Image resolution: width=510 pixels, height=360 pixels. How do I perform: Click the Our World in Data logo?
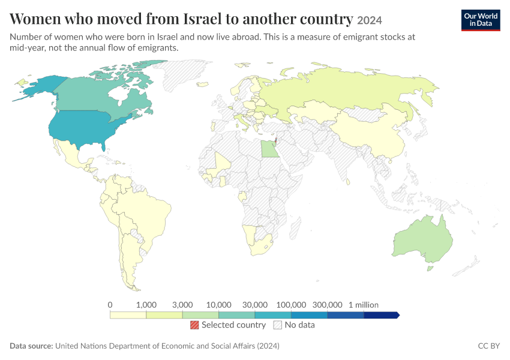click(x=481, y=20)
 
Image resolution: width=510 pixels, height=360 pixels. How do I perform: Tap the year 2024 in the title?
click(x=370, y=20)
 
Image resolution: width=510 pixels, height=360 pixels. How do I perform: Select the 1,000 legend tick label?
click(x=146, y=305)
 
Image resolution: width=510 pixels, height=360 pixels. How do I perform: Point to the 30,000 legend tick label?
click(x=254, y=305)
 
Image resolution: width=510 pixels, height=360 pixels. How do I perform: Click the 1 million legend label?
click(x=364, y=305)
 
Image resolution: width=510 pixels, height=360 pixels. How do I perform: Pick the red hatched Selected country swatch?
click(x=194, y=325)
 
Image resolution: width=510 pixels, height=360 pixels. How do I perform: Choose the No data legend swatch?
click(x=278, y=325)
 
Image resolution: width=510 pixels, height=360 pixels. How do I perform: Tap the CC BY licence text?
click(x=488, y=346)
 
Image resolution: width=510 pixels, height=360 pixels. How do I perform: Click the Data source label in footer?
click(x=31, y=346)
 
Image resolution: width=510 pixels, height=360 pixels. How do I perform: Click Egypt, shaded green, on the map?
click(x=270, y=149)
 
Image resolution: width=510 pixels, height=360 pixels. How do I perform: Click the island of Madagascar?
click(x=295, y=227)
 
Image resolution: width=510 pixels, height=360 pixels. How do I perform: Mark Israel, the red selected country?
click(x=276, y=141)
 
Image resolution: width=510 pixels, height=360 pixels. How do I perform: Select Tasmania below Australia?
click(x=430, y=269)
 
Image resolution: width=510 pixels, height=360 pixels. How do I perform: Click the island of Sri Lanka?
click(x=347, y=181)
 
